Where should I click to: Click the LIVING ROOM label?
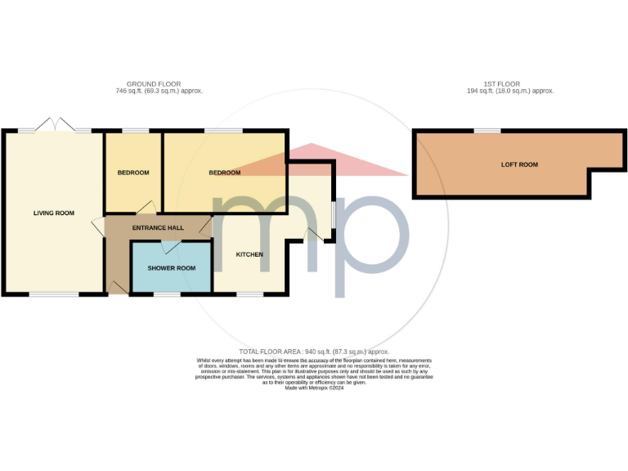(x=54, y=213)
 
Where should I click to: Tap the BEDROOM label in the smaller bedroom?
(x=133, y=173)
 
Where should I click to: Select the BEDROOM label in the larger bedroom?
(x=224, y=173)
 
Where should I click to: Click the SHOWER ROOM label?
(x=172, y=268)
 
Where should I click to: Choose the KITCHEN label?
(x=249, y=254)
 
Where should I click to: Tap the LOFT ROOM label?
(x=519, y=165)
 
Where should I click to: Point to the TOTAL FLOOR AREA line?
(x=314, y=351)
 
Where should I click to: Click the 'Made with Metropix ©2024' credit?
(x=314, y=388)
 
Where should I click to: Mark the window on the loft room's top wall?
(x=488, y=131)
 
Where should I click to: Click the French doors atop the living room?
(x=55, y=130)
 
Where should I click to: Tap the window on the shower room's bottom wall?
(x=167, y=294)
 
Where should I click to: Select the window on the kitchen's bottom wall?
(x=250, y=294)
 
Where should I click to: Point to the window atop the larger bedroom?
(x=224, y=131)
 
